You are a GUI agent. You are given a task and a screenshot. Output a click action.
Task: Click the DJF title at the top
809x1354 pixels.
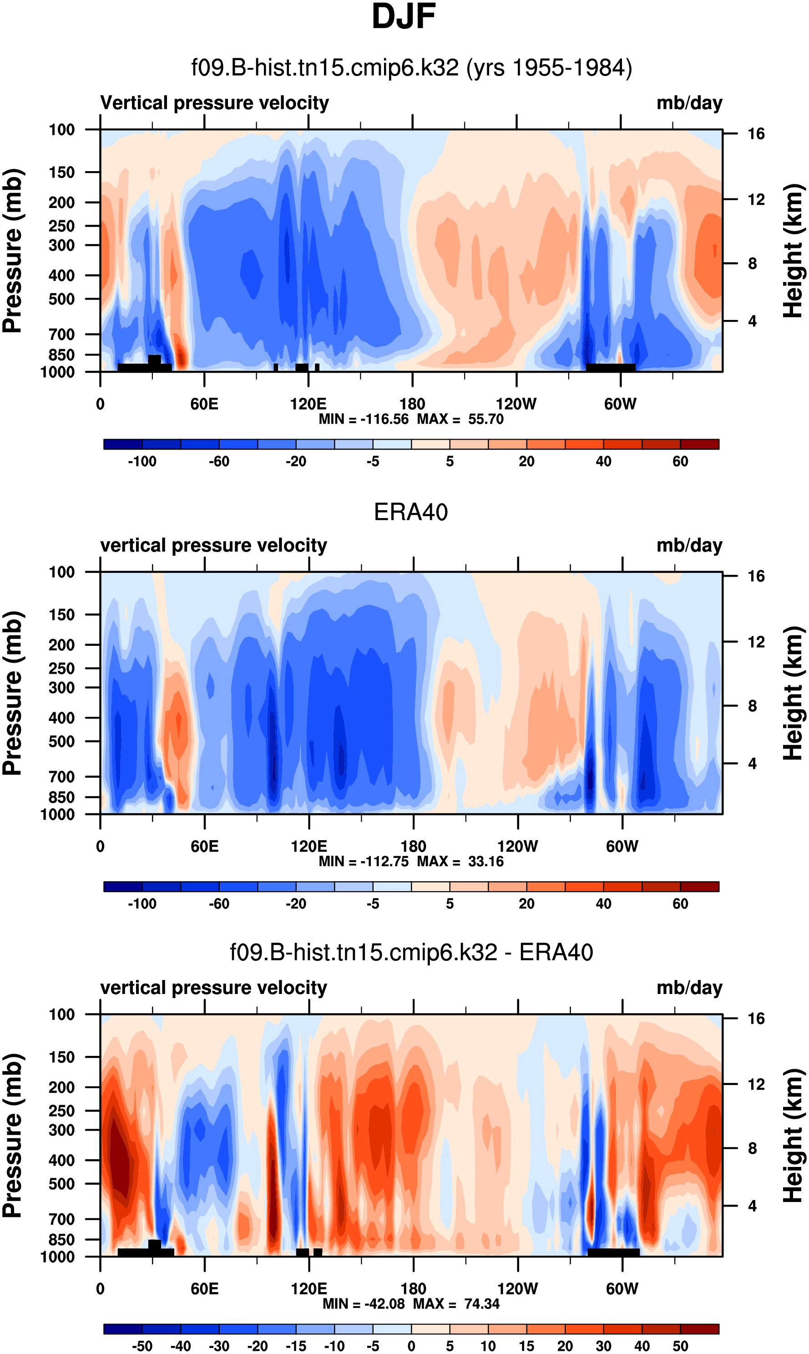404,16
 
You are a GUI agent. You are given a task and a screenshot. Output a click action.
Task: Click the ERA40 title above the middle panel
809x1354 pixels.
410,512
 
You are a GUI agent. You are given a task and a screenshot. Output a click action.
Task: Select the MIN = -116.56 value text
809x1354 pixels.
363,419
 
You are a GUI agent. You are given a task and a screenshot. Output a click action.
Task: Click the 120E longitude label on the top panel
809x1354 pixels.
308,404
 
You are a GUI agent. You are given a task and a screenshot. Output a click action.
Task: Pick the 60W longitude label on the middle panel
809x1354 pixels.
622,847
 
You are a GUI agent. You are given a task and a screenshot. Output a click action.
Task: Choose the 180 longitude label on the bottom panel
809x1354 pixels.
413,1288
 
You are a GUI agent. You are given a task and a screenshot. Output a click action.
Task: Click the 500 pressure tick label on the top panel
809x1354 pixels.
61,299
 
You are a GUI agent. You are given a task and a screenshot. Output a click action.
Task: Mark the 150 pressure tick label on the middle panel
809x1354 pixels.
61,614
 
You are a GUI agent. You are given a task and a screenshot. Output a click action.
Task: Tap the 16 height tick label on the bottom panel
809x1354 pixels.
756,1019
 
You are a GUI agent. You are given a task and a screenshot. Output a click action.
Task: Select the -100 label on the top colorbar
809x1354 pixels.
142,461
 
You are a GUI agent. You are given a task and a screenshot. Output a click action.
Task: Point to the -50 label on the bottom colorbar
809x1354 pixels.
142,1346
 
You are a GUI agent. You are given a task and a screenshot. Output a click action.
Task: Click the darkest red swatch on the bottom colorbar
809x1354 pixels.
699,1329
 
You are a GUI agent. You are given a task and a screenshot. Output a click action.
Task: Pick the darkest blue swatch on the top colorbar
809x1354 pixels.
123,444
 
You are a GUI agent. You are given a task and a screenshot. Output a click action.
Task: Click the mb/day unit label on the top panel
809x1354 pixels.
689,103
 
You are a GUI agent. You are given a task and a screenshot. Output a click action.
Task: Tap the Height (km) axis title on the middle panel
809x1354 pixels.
793,693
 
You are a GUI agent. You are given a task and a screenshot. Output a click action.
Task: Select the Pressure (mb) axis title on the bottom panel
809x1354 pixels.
12,1136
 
